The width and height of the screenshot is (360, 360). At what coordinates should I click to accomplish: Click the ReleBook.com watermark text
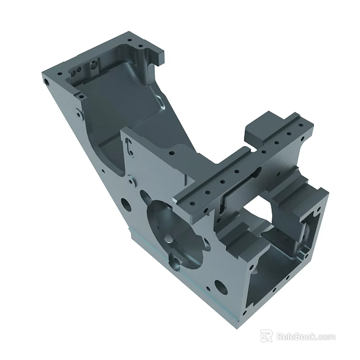pyautogui.click(x=305, y=336)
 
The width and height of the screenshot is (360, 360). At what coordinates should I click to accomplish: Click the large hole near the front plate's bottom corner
pyautogui.click(x=221, y=288)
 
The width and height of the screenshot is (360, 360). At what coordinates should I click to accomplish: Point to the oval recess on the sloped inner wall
pyautogui.click(x=162, y=101)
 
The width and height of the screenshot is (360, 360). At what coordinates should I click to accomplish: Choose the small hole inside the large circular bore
pyautogui.click(x=167, y=232)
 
